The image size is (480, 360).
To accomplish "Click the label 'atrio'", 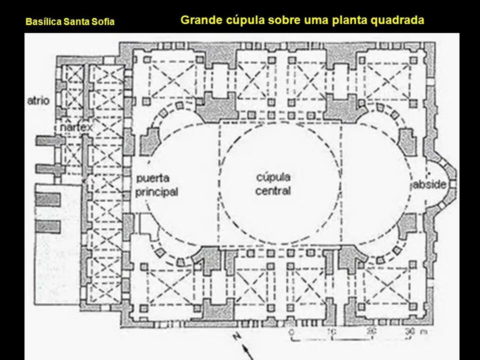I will (38, 101).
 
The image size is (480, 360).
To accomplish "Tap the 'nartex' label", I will (76, 128).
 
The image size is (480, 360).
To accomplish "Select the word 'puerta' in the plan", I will (152, 178).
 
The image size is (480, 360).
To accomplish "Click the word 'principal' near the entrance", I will (156, 191).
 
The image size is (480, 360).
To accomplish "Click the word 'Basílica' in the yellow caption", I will (41, 22).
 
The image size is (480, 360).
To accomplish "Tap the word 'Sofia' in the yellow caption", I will (104, 22).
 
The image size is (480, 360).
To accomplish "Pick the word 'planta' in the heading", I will (351, 20).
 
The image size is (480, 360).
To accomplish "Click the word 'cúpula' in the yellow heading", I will (238, 20).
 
